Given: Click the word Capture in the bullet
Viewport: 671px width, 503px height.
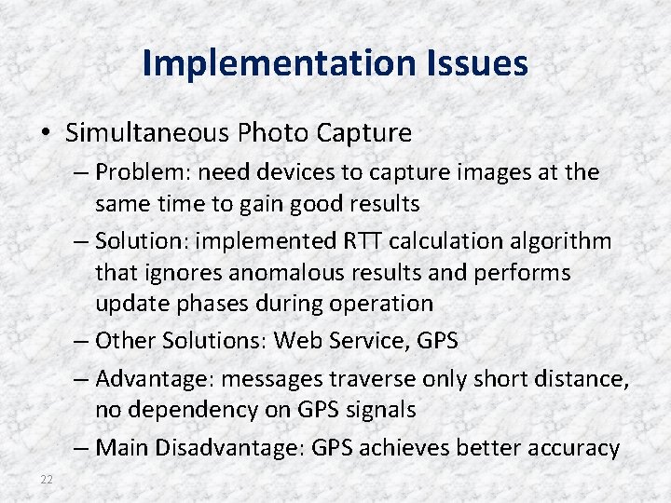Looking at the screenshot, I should tap(363, 133).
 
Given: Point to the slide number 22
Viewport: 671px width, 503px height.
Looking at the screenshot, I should tap(47, 479).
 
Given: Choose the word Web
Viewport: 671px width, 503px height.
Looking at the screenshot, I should tap(296, 341).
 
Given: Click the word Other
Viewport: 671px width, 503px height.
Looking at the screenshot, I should tap(125, 341).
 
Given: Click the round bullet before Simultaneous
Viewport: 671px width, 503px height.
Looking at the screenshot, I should tap(47, 133).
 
